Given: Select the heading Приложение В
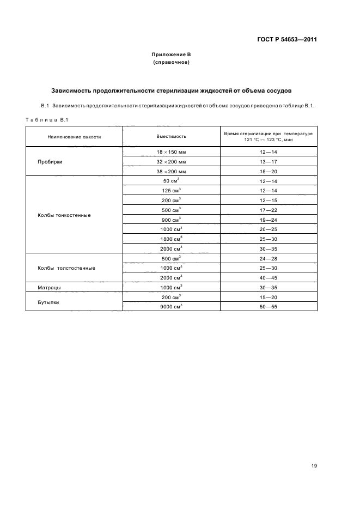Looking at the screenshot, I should coord(171,55).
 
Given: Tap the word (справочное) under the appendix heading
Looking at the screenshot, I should coord(171,63).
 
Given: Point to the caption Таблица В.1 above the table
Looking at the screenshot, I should coord(46,119).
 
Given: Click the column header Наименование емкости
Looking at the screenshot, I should coord(74,137).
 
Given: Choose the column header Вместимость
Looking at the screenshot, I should coord(172,137).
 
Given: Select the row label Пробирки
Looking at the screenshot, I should coord(50,162).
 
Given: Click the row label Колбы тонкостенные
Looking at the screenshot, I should coord(64,215).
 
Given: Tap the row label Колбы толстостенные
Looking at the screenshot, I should coord(66,268).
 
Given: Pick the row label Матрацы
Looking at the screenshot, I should coord(49,287).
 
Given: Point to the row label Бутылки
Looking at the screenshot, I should coord(48,301).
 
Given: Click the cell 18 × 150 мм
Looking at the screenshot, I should coord(172,152).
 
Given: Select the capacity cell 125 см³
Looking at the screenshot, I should coord(172,191).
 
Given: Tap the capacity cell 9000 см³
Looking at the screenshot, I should coord(172,306).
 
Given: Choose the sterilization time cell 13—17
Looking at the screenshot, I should coord(269,162).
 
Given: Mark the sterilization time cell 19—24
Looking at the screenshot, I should coord(269,220).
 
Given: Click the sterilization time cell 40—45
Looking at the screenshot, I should coord(269,277).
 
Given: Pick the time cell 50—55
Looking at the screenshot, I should coord(269,306).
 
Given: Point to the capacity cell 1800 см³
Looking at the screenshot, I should coord(172,239).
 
